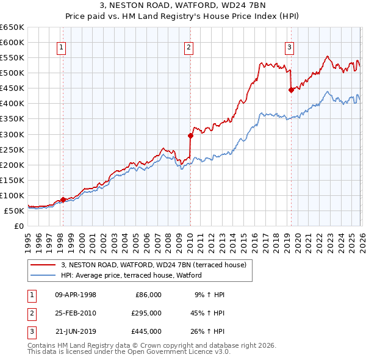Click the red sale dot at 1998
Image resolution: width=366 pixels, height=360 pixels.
[63, 200]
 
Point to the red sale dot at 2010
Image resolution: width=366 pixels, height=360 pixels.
[190, 135]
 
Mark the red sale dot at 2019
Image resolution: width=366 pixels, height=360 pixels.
[291, 90]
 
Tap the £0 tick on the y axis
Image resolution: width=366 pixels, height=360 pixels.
[20, 226]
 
